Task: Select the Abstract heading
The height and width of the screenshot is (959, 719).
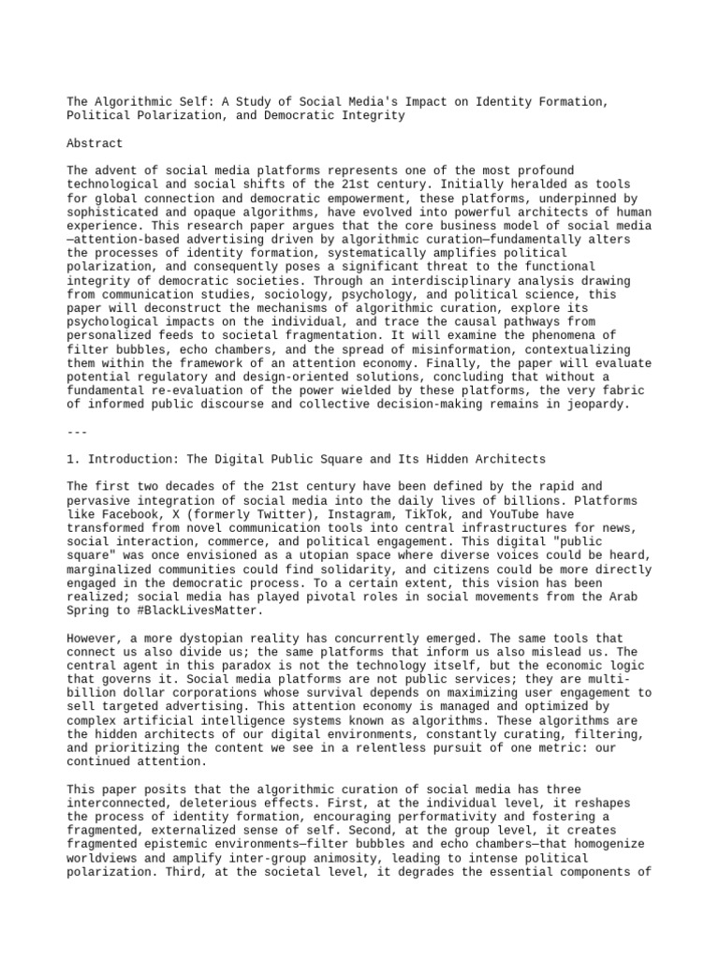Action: point(95,143)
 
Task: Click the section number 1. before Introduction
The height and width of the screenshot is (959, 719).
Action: point(75,459)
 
